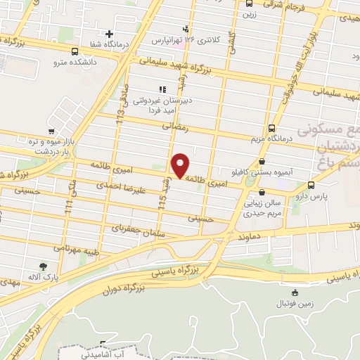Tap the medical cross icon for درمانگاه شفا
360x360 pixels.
click(x=109, y=34)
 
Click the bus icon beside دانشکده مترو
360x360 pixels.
click(x=75, y=51)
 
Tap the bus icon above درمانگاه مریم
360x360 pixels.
click(x=271, y=128)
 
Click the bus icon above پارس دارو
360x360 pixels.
click(x=311, y=185)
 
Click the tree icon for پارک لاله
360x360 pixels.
click(x=43, y=266)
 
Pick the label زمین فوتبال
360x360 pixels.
click(x=296, y=305)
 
